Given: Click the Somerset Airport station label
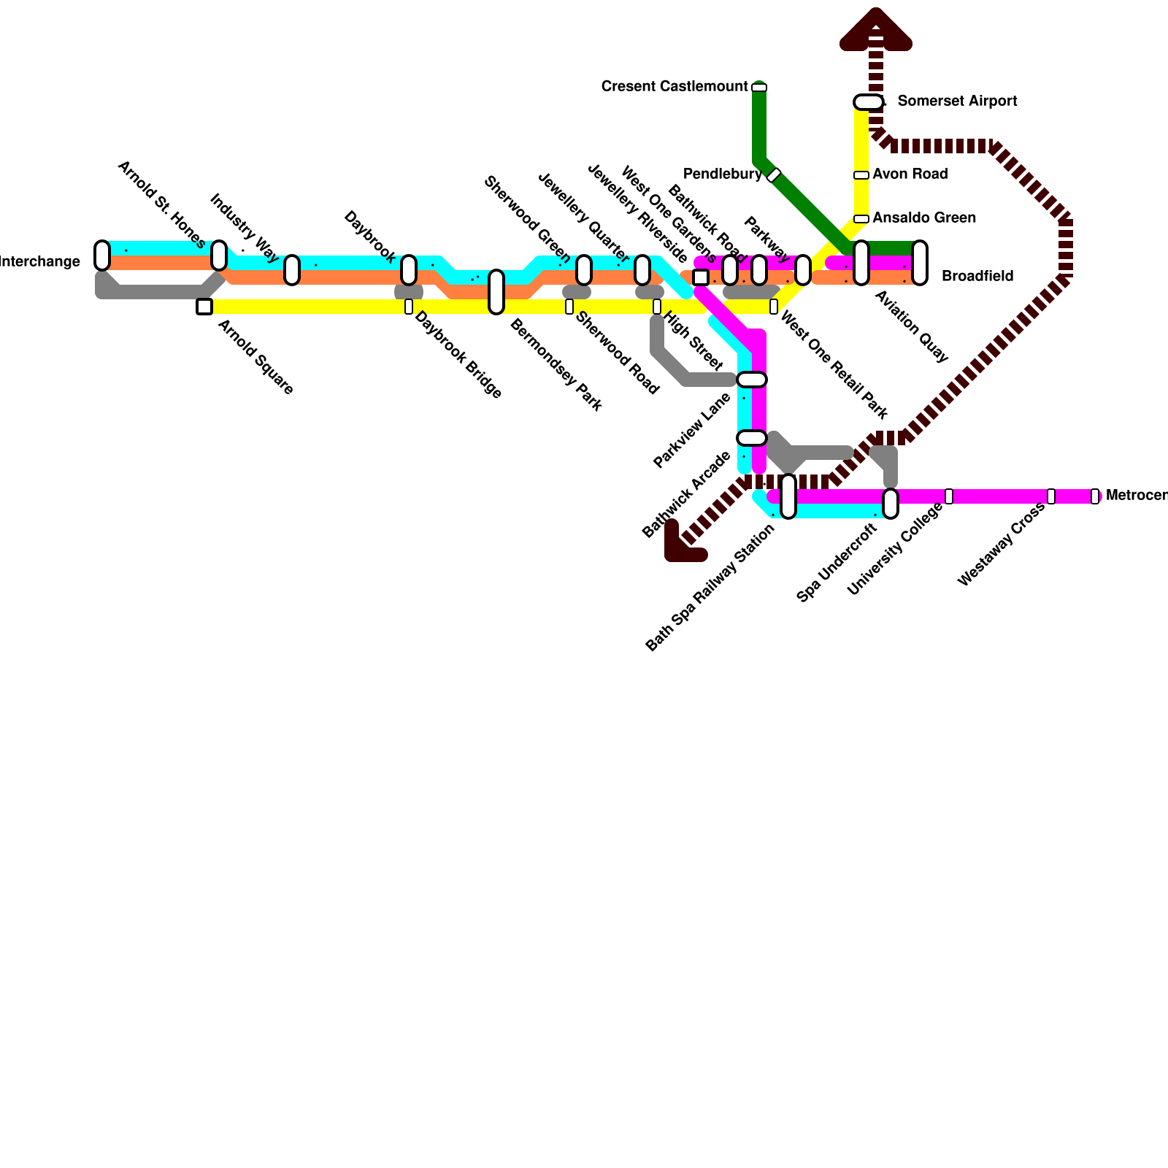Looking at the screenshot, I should (957, 101).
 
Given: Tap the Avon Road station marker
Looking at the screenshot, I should (861, 175).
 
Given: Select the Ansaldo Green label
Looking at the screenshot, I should (923, 218).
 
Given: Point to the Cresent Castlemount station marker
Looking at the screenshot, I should (759, 88).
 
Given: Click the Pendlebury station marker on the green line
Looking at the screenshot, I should (774, 175).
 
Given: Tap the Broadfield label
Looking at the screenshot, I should (977, 276).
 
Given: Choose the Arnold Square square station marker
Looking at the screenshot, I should (204, 307).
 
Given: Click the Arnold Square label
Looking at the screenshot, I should (255, 357).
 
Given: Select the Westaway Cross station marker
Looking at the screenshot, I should (1051, 496).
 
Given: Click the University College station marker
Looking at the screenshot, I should (949, 496).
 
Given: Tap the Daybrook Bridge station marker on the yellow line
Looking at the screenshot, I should (409, 307).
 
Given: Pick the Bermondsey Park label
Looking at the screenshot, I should (556, 364).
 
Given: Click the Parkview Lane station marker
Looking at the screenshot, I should (752, 380).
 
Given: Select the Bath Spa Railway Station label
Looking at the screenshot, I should (710, 588).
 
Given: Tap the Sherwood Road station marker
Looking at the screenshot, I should (569, 307).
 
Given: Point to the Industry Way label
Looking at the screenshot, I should (245, 227).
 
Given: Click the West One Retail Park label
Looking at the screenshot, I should (834, 365).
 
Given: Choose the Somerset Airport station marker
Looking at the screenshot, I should (869, 102).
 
